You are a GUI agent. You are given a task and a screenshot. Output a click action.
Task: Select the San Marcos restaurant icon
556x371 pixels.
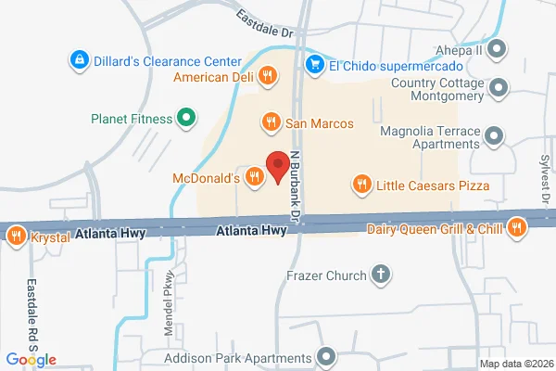(x=271, y=121)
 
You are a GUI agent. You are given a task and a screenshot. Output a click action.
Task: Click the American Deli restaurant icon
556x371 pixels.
(x=268, y=75)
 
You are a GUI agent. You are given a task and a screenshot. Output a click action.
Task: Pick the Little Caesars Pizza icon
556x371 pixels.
(x=361, y=185)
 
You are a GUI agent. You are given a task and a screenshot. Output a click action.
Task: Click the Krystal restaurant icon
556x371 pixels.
(x=16, y=237)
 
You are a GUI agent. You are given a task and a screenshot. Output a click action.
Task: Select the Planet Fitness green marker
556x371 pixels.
(x=184, y=118)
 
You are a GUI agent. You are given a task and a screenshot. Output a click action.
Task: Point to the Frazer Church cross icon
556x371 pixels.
(x=379, y=274)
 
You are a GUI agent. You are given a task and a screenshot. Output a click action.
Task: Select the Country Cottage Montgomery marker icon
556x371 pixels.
(x=500, y=89)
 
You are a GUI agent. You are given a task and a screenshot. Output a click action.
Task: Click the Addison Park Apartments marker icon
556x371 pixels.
(x=325, y=357)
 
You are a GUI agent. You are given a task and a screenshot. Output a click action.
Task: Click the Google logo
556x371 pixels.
(x=31, y=359)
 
